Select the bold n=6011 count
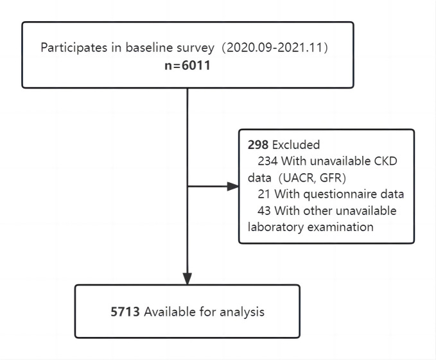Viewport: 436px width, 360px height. (187, 65)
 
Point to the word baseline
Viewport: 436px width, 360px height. (149, 47)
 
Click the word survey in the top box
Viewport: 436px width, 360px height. (196, 48)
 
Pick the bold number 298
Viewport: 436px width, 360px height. (258, 145)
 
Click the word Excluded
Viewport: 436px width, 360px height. (296, 145)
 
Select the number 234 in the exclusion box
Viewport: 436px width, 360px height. (268, 161)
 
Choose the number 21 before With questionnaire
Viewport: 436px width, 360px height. (264, 194)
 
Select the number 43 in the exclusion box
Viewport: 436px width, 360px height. (264, 210)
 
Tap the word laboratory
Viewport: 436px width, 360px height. (276, 227)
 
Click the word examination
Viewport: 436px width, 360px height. (340, 227)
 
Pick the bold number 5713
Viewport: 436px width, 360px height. (125, 312)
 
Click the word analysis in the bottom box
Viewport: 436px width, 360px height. (242, 313)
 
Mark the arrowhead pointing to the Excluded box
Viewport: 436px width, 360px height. (233, 186)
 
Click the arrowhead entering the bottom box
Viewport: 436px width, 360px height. (187, 279)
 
